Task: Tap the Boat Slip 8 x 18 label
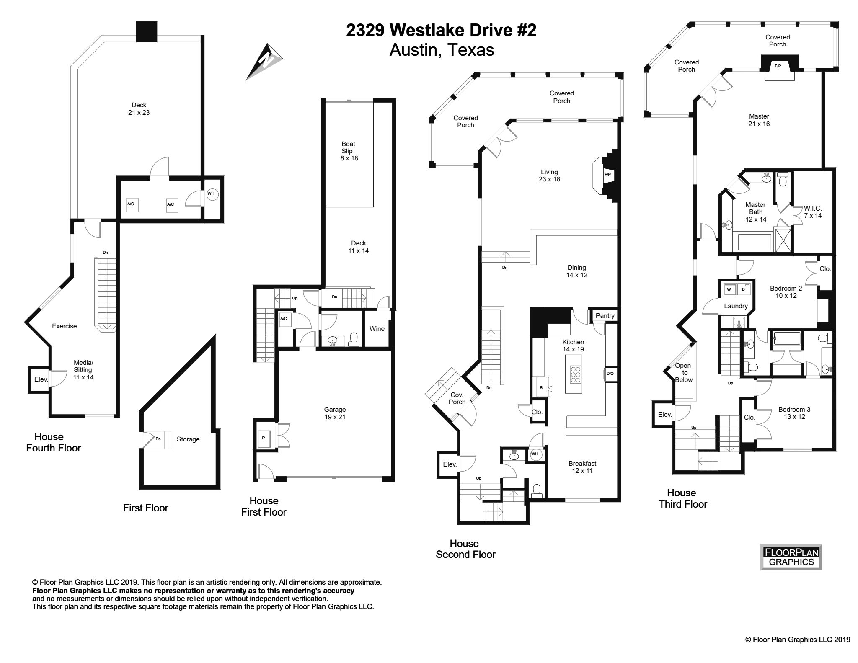[x=349, y=151]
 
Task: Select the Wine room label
[x=377, y=329]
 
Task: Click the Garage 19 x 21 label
[x=335, y=413]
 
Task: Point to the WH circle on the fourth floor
[x=211, y=194]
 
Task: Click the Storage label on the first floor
[x=188, y=439]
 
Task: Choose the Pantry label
[x=605, y=316]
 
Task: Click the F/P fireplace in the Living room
[x=607, y=175]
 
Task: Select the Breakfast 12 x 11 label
[x=582, y=467]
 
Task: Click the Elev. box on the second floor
[x=449, y=464]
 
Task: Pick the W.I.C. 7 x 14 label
[x=812, y=212]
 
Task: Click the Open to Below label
[x=684, y=372]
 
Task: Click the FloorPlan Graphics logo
[x=791, y=557]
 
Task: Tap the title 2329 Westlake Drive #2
[x=441, y=30]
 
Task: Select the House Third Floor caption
[x=682, y=498]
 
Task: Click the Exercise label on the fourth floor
[x=64, y=326]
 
